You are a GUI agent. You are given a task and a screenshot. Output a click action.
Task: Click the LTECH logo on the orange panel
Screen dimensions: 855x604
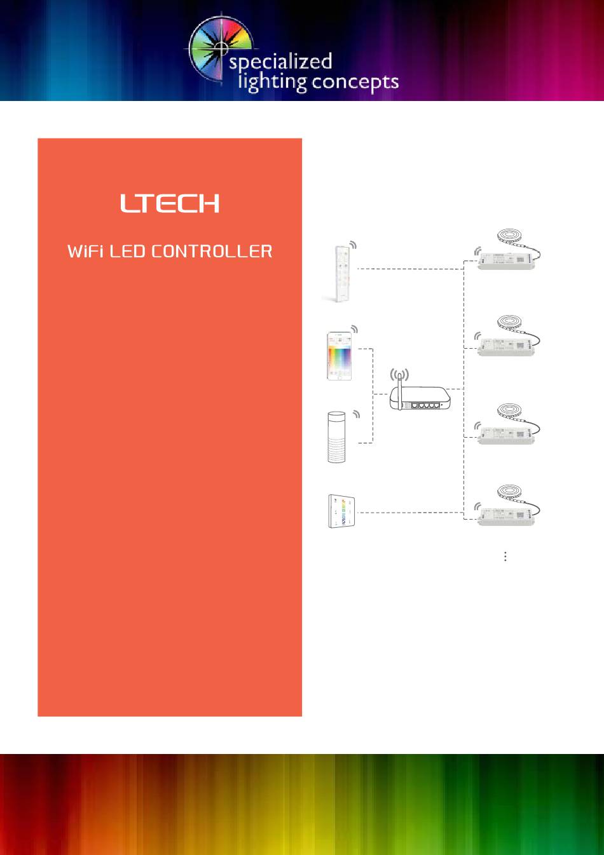pos(170,203)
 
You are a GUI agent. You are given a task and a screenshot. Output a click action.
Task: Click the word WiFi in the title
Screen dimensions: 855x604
pos(86,252)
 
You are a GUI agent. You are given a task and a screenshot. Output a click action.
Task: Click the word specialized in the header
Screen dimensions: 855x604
pos(280,62)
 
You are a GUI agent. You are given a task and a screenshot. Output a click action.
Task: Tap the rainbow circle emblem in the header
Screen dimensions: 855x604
pos(219,48)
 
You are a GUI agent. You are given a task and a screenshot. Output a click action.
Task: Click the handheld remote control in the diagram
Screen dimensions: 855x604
pos(340,273)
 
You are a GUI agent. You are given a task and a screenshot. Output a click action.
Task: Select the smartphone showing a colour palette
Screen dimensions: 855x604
pos(340,356)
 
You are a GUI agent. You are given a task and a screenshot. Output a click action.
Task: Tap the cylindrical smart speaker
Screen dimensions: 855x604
pos(336,437)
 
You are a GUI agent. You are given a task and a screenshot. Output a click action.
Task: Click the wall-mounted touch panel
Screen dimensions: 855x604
pos(341,511)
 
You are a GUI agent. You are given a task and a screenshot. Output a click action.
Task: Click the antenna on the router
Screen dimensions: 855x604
pos(399,387)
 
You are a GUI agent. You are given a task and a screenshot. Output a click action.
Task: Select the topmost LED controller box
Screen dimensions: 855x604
pos(506,260)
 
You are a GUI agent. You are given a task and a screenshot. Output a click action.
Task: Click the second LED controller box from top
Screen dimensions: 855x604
pos(506,347)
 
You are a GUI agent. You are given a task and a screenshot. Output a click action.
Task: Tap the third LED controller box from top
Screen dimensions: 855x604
pos(506,435)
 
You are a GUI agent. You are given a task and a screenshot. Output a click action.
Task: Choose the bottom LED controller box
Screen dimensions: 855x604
pos(506,515)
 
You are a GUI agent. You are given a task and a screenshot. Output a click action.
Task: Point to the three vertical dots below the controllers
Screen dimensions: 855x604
pos(505,556)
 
